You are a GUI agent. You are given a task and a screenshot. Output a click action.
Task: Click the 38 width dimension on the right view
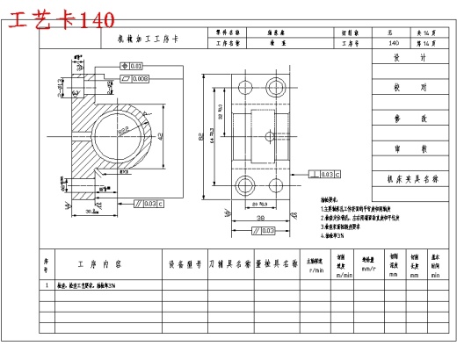click(x=261, y=216)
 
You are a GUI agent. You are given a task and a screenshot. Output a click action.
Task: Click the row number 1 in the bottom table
click(x=47, y=285)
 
